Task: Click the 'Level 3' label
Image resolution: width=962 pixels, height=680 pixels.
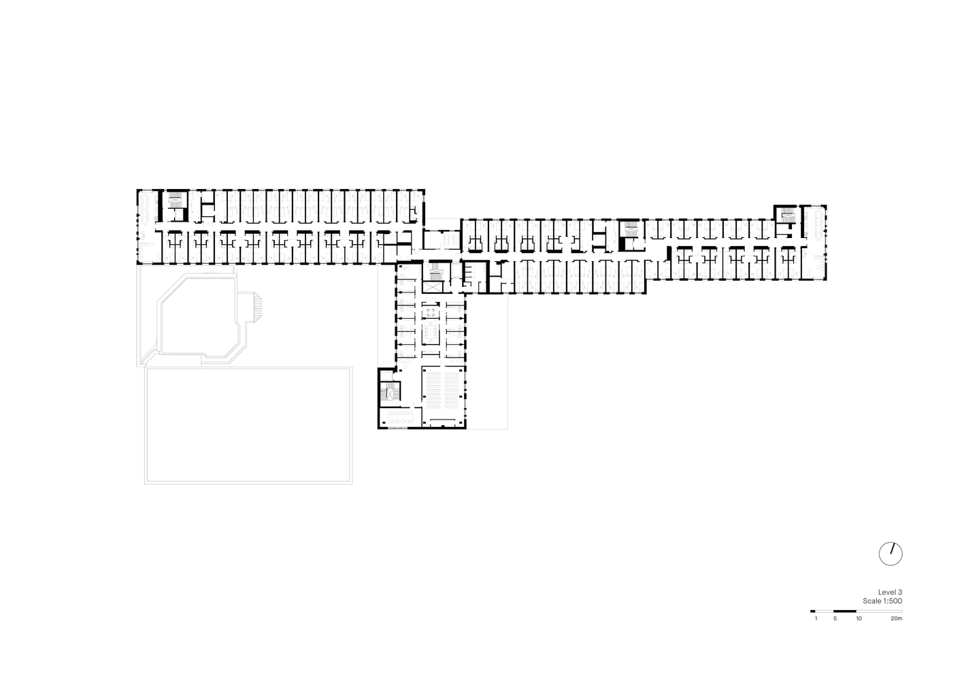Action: point(890,592)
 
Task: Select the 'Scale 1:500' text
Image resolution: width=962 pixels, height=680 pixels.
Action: point(882,601)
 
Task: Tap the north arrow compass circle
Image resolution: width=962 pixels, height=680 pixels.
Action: point(891,554)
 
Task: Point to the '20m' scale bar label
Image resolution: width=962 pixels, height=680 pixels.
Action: point(896,619)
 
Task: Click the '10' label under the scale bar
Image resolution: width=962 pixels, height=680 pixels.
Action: point(859,619)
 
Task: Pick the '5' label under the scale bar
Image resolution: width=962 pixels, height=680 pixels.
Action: point(835,619)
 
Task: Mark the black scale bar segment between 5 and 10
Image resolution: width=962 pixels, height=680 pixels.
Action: point(845,611)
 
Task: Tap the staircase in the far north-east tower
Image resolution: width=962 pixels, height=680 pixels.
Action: point(786,215)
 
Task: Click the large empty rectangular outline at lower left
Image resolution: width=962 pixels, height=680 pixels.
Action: point(248,426)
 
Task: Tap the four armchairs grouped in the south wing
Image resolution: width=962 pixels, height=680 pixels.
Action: point(431,312)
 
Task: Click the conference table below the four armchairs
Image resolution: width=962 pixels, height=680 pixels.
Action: point(431,333)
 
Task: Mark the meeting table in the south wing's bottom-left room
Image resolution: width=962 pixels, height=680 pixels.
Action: point(400,417)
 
